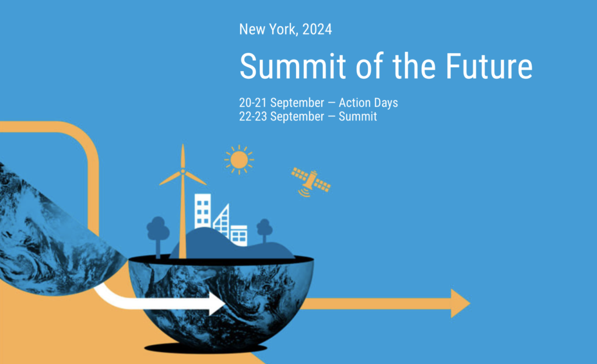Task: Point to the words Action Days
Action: coord(368,103)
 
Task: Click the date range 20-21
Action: coord(252,103)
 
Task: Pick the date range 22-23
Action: coord(252,117)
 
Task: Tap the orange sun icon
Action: coord(239,159)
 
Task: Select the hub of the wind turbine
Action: coord(182,171)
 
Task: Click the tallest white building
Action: coord(202,210)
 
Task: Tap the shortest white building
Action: coord(239,235)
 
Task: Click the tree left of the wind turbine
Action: coord(157,228)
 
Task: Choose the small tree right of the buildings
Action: coord(264,227)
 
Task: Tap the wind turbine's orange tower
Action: coord(182,222)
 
